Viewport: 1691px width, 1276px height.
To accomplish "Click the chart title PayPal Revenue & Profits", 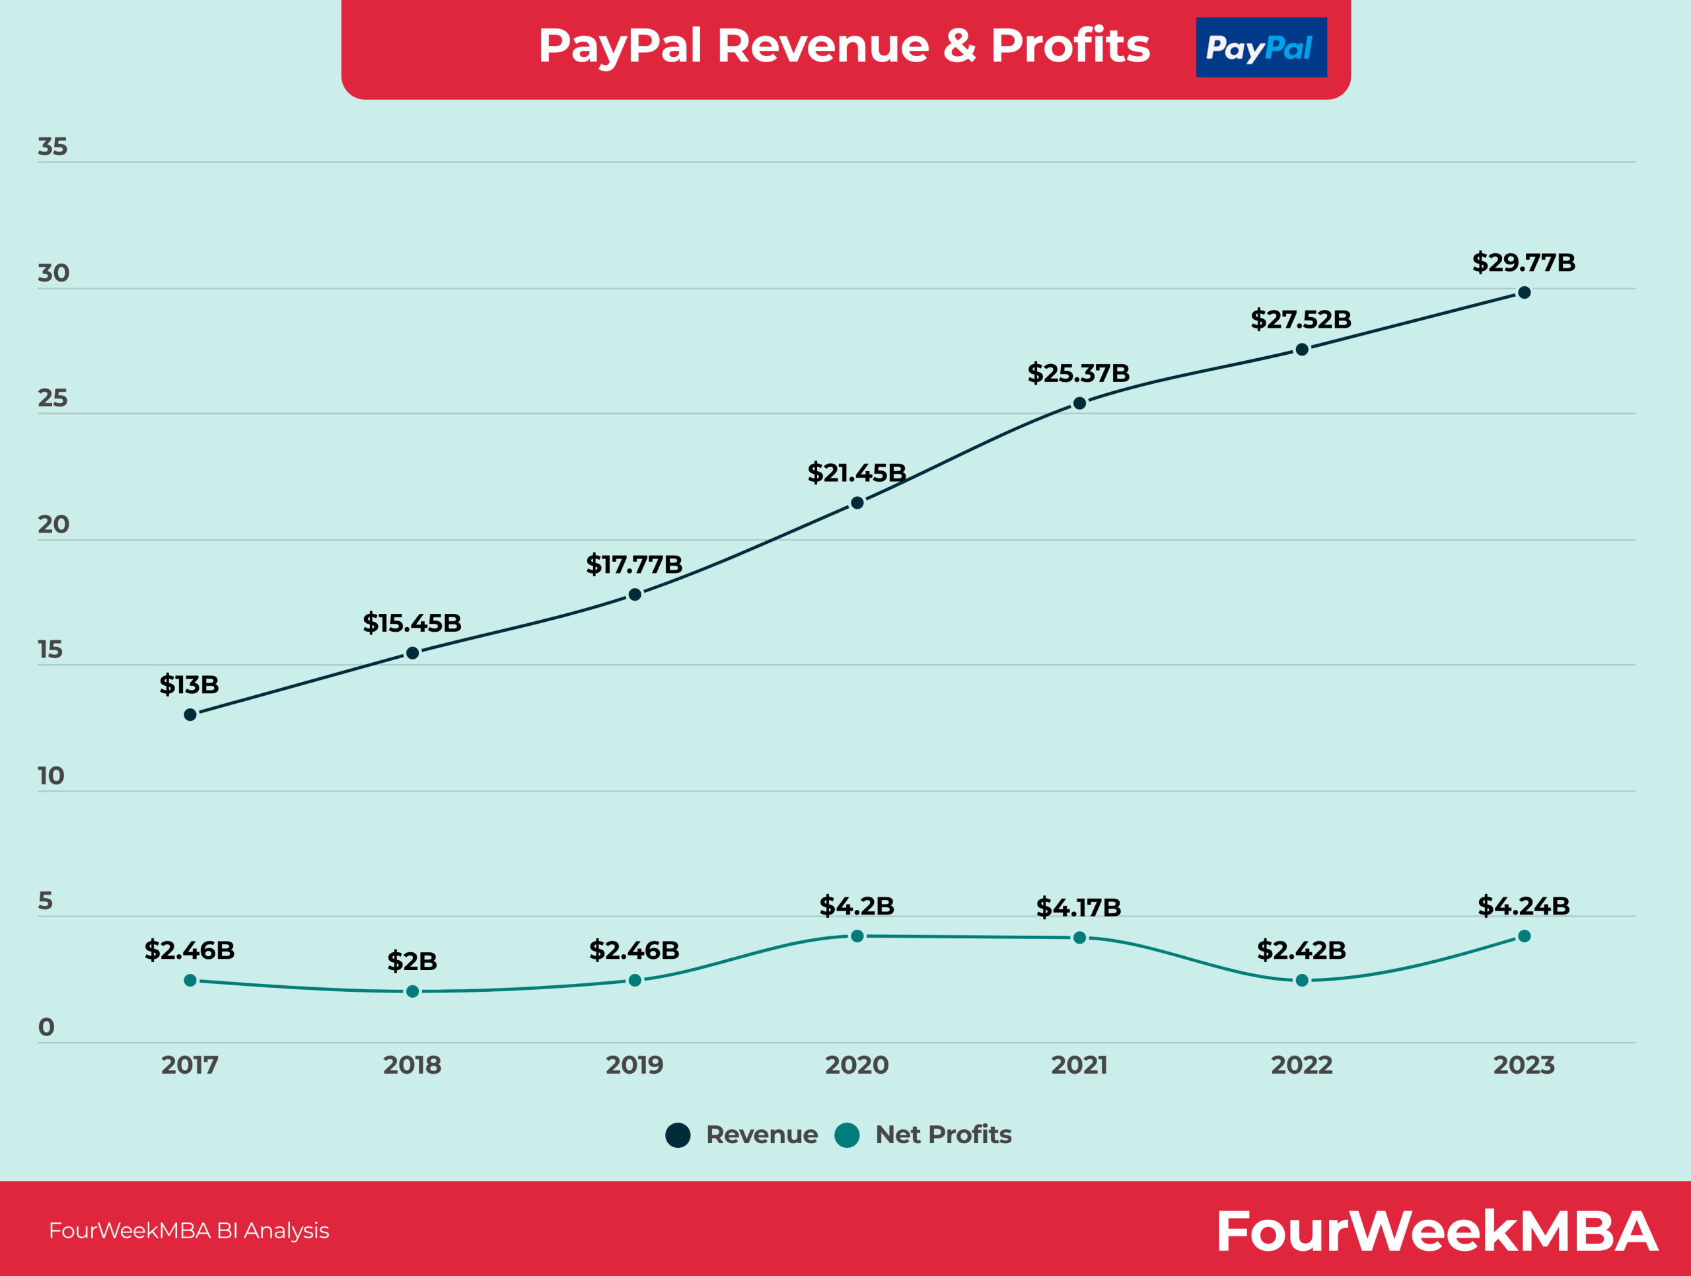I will [x=844, y=46].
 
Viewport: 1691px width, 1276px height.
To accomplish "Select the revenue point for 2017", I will [x=190, y=715].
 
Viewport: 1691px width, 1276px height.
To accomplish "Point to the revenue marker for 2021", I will [x=1079, y=403].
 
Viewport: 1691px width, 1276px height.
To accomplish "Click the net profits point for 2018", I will [x=413, y=992].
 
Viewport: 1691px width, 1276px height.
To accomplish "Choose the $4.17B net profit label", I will [x=1078, y=907].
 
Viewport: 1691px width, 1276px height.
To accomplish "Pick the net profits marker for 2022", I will [x=1302, y=980].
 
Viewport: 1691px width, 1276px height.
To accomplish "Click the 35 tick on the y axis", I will [x=53, y=147].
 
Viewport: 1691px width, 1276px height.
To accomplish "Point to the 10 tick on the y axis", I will [x=52, y=776].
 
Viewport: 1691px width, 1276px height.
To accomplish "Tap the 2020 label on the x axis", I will [x=856, y=1065].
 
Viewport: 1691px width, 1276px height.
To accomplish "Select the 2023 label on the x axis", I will [x=1524, y=1065].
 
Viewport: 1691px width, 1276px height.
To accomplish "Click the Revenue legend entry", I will [x=742, y=1135].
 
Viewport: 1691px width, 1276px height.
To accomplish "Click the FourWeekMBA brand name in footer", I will [x=1437, y=1232].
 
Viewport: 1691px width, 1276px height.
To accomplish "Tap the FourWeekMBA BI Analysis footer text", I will [x=189, y=1231].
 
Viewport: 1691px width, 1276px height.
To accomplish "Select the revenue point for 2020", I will [x=857, y=502].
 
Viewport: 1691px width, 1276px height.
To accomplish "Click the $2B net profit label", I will [x=412, y=961].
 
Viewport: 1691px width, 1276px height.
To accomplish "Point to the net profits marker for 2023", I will [x=1524, y=936].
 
